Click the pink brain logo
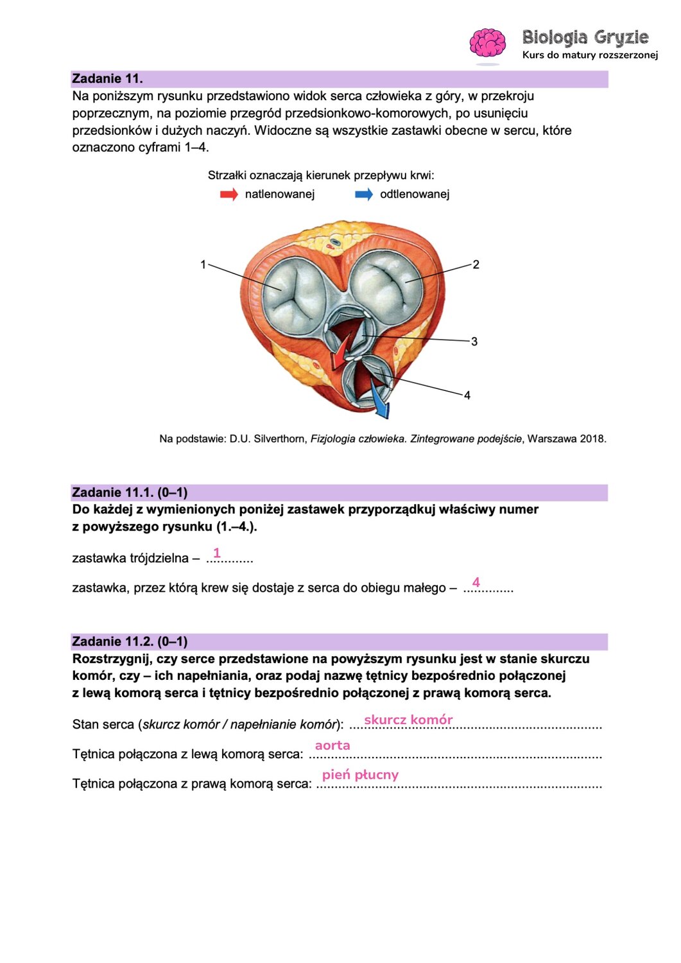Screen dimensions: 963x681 pyautogui.click(x=487, y=43)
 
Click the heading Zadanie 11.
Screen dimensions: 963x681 pyautogui.click(x=107, y=79)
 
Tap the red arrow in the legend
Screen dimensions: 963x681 pyautogui.click(x=229, y=195)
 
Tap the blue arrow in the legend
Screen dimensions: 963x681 pyautogui.click(x=364, y=195)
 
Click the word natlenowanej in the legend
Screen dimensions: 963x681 pyautogui.click(x=280, y=195)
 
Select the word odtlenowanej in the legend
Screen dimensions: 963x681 pyautogui.click(x=415, y=195)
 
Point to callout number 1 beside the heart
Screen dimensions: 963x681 pyautogui.click(x=203, y=265)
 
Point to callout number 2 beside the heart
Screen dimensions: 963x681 pyautogui.click(x=476, y=265)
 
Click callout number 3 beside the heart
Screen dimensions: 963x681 pyautogui.click(x=474, y=342)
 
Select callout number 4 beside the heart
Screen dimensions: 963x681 pyautogui.click(x=467, y=395)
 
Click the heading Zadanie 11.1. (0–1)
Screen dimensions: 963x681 pyautogui.click(x=130, y=492)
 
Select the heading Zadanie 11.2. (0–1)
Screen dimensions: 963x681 pyautogui.click(x=130, y=641)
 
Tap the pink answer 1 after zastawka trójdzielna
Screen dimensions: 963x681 pyautogui.click(x=217, y=553)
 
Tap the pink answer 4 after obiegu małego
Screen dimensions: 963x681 pyautogui.click(x=476, y=582)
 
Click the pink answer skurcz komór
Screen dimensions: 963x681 pyautogui.click(x=408, y=720)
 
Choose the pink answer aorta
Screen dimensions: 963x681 pyautogui.click(x=332, y=745)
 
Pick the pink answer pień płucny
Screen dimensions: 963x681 pyautogui.click(x=360, y=775)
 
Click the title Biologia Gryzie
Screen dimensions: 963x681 pyautogui.click(x=585, y=37)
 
